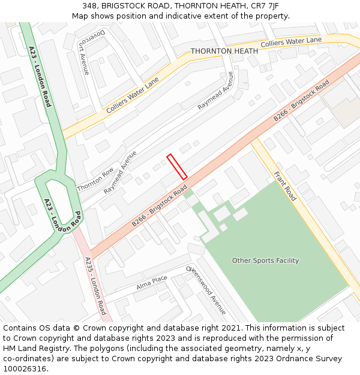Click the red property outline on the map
click(x=177, y=167)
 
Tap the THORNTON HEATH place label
click(x=224, y=52)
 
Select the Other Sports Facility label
click(x=265, y=260)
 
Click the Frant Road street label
click(x=285, y=186)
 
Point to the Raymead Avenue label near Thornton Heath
click(x=215, y=91)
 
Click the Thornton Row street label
click(x=95, y=179)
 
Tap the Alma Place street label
click(x=151, y=282)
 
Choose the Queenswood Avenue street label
click(x=206, y=290)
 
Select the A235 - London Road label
click(x=95, y=286)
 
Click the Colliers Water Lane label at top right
click(x=292, y=41)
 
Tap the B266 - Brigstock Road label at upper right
click(x=301, y=101)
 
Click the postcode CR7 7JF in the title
click(x=265, y=6)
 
